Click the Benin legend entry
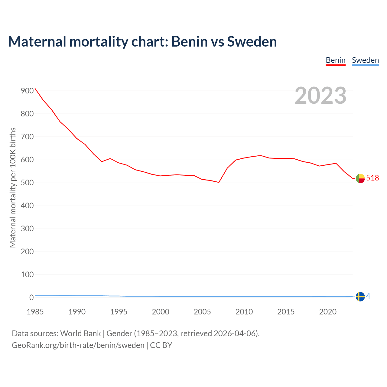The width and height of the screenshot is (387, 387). [336, 60]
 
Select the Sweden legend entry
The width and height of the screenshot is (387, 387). [365, 60]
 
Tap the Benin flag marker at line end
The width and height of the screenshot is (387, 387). [360, 178]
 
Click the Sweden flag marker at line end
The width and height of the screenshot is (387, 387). [360, 297]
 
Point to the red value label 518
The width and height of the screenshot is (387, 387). [372, 178]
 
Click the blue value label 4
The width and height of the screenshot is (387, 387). [368, 296]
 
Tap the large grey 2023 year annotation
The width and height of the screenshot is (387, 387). [320, 96]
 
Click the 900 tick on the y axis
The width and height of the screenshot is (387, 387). [27, 91]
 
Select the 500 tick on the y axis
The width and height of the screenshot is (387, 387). [27, 183]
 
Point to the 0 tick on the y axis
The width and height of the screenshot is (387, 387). [31, 298]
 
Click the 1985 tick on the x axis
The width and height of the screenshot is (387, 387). [35, 312]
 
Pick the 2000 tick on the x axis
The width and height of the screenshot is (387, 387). [161, 312]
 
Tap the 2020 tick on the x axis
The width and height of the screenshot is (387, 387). [328, 312]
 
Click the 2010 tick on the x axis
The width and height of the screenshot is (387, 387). [244, 312]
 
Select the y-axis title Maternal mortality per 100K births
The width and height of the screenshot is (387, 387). [13, 187]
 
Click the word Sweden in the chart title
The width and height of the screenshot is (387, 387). [252, 41]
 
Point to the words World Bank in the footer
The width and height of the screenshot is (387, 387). [80, 333]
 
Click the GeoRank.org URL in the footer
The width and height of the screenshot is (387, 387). [78, 345]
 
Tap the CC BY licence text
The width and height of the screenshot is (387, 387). [161, 345]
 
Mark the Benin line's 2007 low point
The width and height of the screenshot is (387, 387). [219, 182]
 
